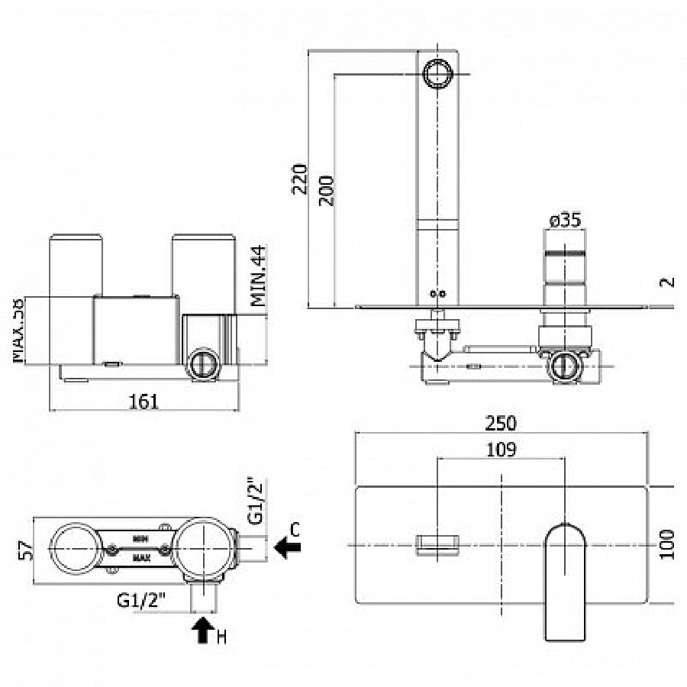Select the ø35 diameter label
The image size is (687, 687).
coord(566,221)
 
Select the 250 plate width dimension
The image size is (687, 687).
coord(501,422)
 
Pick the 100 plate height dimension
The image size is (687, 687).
coord(668,544)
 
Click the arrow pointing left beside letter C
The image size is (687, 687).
coord(288,547)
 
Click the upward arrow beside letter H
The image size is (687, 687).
coord(202,630)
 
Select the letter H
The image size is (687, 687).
coord(221,636)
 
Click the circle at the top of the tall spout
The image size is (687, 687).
coord(438,74)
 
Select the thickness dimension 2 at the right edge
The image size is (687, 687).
coord(668,281)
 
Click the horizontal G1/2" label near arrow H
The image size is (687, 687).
coord(142,600)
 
